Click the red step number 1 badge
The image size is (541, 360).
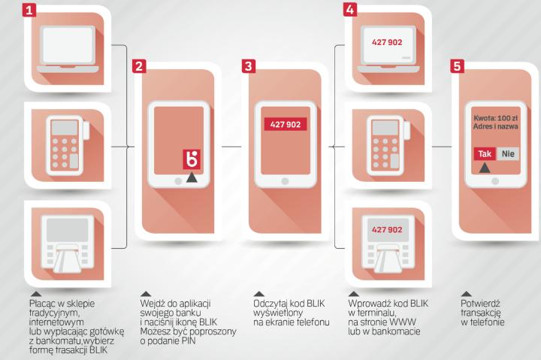(x=29, y=10)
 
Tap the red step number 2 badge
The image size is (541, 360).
(x=139, y=66)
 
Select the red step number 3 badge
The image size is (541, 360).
(x=249, y=66)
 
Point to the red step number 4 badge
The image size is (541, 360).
(x=350, y=10)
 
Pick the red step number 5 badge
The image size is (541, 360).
(x=457, y=66)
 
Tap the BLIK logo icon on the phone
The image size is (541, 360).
(x=192, y=159)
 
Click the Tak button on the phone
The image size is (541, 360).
(x=485, y=153)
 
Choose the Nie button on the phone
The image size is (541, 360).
(x=508, y=153)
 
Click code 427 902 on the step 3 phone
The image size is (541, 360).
(x=286, y=124)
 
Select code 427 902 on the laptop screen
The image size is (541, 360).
(x=387, y=42)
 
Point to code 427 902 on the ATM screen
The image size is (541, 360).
(x=387, y=229)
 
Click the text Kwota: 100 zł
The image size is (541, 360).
(x=495, y=118)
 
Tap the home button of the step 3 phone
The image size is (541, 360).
(x=285, y=181)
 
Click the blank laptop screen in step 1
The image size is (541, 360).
(x=68, y=45)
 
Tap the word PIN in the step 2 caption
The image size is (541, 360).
(x=189, y=341)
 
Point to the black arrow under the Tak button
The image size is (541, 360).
(x=485, y=168)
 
